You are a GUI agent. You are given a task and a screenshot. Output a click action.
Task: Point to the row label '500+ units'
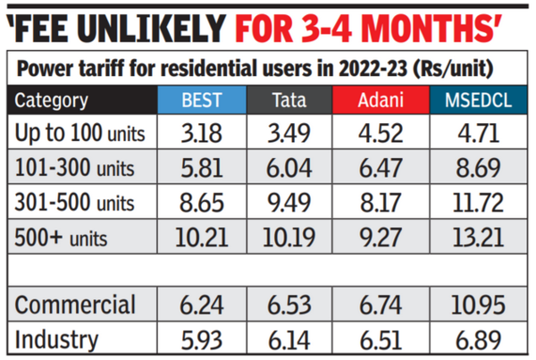(x=66, y=237)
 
